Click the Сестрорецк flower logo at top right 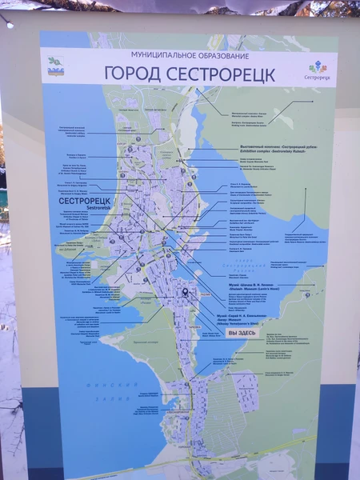pyautogui.click(x=318, y=70)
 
